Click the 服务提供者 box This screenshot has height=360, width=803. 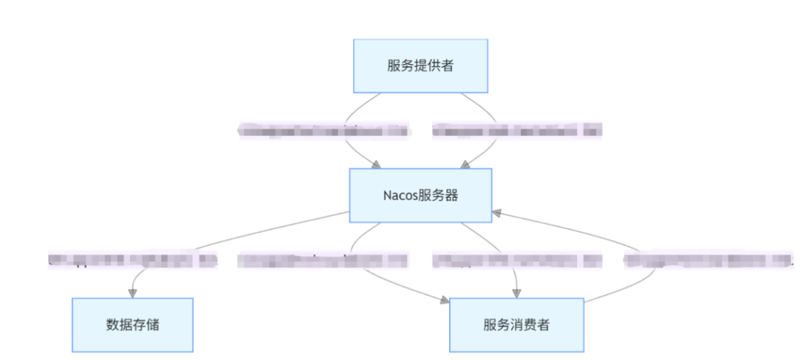pos(420,65)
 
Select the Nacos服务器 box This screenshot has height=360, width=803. pos(420,196)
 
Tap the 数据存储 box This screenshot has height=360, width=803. pos(132,325)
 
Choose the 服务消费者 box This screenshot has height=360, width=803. pos(516,325)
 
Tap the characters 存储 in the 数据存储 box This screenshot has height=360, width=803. pos(145,325)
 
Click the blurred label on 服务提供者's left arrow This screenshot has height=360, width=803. pos(323,131)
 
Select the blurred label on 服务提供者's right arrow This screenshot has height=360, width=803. pos(517,131)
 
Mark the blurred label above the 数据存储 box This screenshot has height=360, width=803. pos(132,260)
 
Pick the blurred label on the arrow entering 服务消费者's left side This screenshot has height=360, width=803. pos(323,260)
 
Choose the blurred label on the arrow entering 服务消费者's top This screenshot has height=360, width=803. pos(517,260)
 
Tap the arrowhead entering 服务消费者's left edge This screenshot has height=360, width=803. pos(444,300)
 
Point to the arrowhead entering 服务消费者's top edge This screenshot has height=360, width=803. pos(516,293)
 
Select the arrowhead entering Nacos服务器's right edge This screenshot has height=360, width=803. pos(497,213)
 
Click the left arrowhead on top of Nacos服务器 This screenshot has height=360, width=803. pos(377,164)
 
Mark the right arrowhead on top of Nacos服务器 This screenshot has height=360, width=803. pos(465,164)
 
